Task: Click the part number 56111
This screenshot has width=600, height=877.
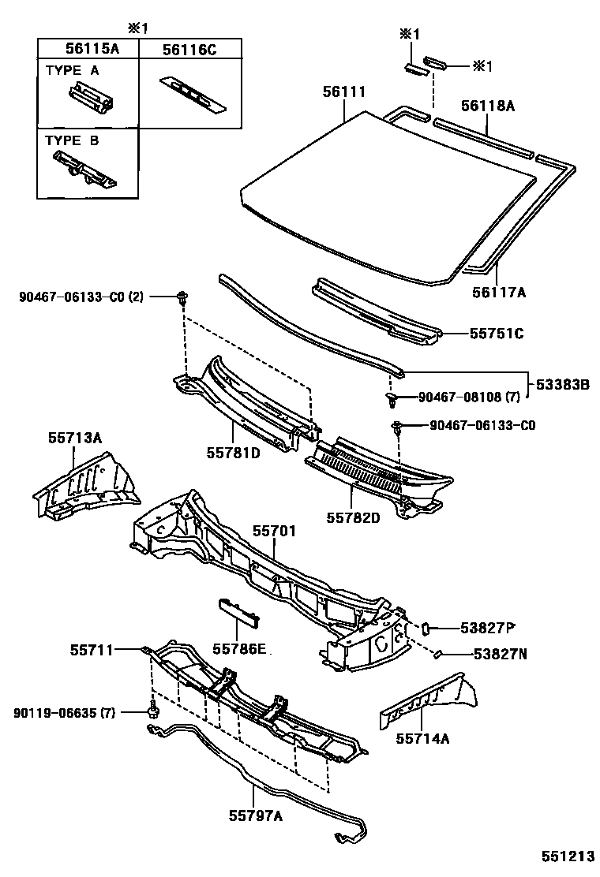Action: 343,92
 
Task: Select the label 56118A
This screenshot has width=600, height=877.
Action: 487,106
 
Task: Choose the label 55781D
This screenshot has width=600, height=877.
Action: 234,453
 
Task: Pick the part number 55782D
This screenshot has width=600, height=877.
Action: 354,517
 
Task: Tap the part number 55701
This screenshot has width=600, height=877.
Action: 274,531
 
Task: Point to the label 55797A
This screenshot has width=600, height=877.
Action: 256,816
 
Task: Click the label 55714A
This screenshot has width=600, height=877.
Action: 422,738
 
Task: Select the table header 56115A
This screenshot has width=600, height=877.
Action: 88,48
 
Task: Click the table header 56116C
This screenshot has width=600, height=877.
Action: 189,48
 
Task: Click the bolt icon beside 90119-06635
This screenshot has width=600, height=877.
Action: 152,711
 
